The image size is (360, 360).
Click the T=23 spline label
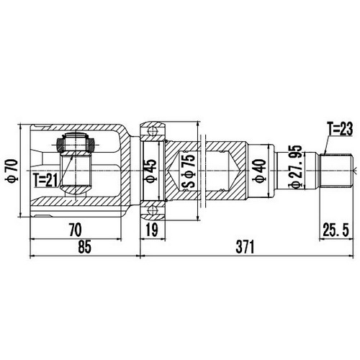point(338,129)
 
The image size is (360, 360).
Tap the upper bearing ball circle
point(153,130)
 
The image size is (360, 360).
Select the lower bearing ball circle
point(153,210)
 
